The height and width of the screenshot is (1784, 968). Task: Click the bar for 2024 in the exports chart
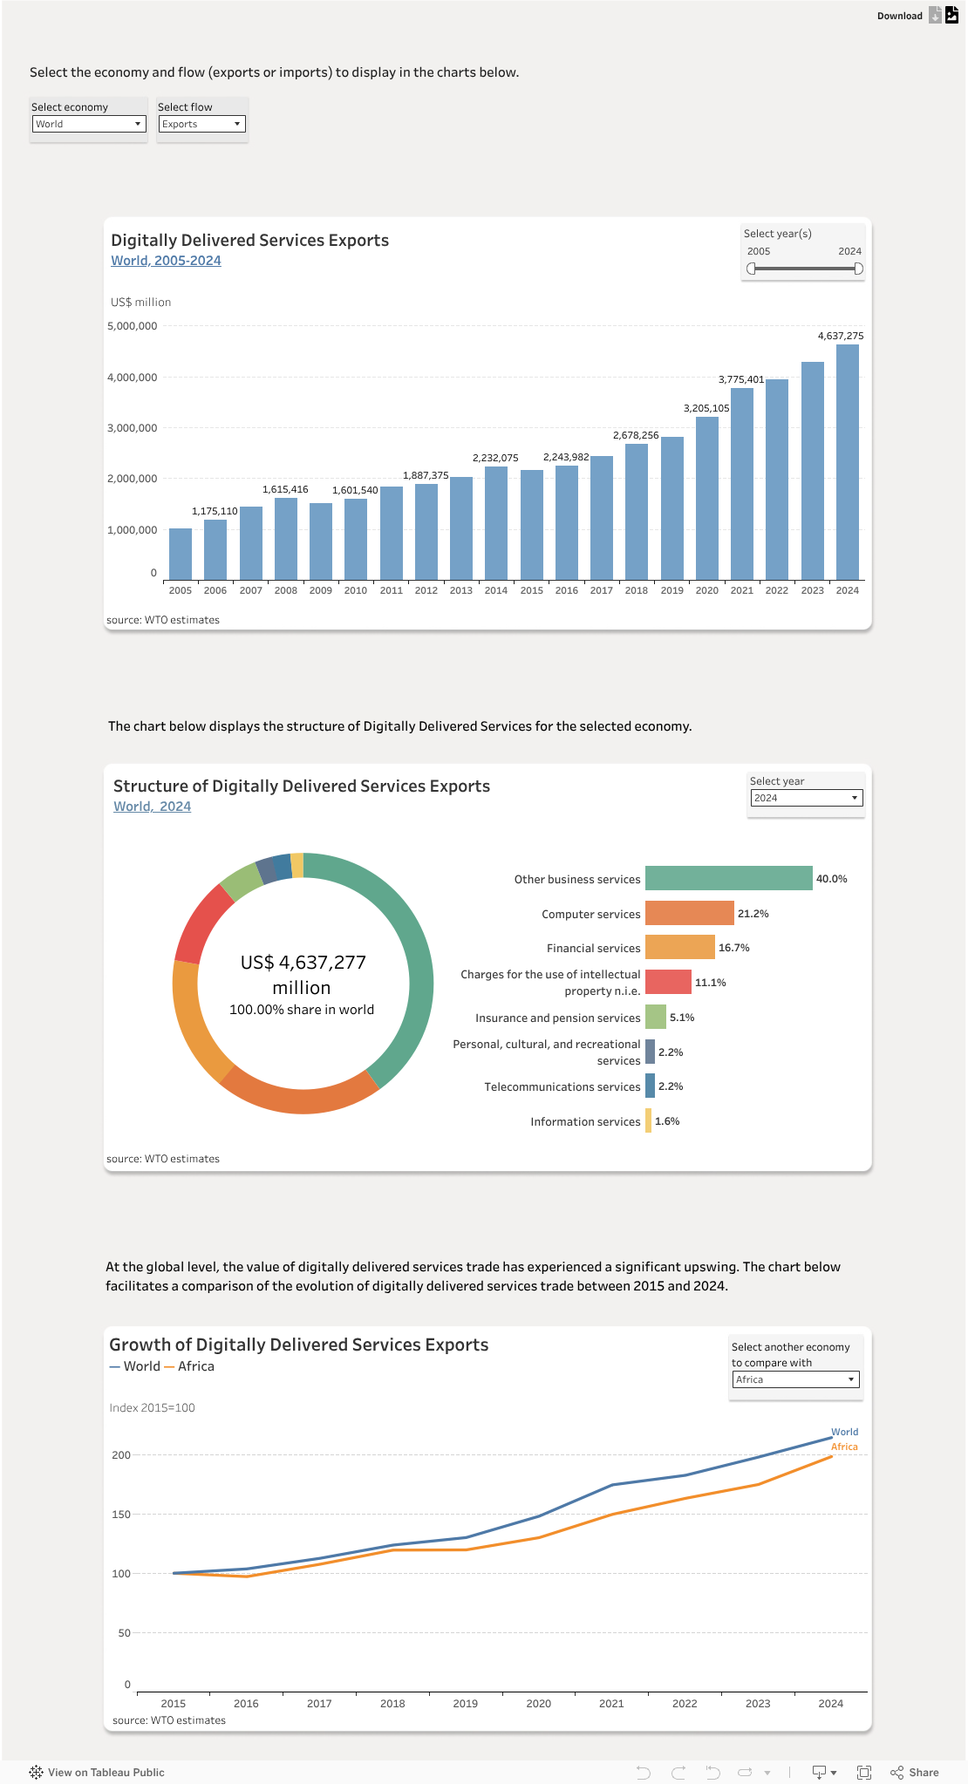coord(847,462)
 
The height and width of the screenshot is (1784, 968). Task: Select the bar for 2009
coord(321,541)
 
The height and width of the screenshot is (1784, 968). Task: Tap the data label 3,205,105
coord(706,408)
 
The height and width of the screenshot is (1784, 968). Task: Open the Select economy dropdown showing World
coord(89,124)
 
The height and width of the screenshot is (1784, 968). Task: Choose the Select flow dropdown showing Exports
coord(201,124)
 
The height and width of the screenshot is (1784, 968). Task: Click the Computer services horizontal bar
coord(689,913)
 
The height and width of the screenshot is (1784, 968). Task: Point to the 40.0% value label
coord(831,879)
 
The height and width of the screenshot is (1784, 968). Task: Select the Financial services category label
coord(593,948)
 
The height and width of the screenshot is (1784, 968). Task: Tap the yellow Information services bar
coord(648,1120)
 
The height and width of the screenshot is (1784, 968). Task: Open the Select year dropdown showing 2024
coord(807,798)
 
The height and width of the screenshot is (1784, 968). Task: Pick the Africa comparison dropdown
coord(795,1379)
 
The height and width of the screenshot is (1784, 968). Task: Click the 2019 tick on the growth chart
coord(466,1703)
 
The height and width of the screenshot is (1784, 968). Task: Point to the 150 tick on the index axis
coord(121,1515)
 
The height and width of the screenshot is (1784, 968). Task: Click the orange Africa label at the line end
coord(844,1447)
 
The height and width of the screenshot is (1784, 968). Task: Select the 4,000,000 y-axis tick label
coord(133,378)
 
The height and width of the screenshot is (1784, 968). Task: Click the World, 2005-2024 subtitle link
coord(166,261)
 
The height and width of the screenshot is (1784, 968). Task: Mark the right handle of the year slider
coord(858,269)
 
